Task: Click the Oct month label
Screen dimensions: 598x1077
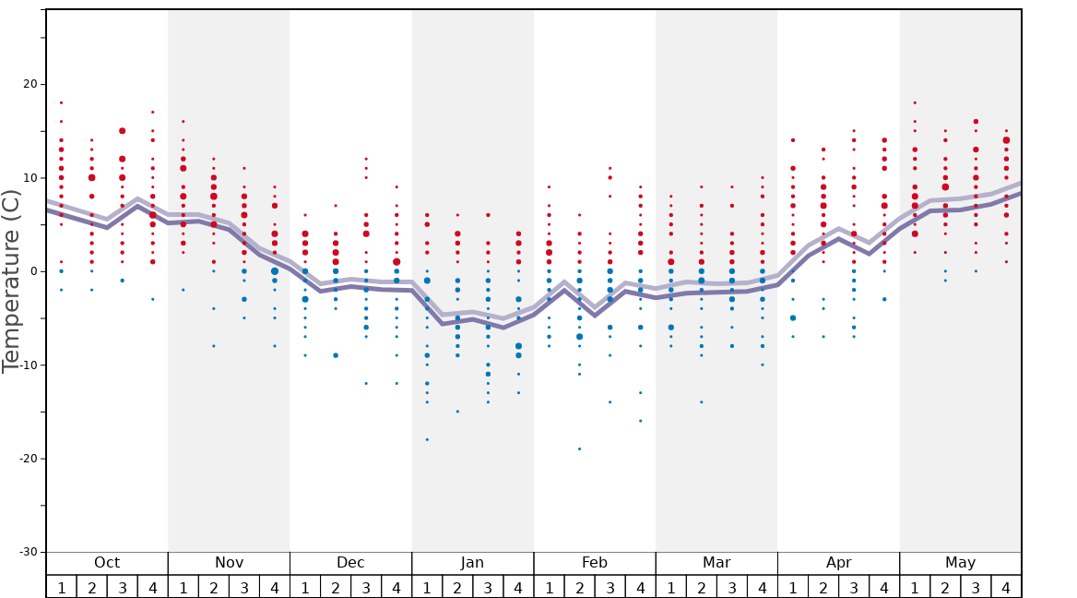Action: coord(107,563)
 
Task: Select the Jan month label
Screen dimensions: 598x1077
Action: coord(472,563)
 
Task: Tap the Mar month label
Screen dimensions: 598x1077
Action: coord(716,563)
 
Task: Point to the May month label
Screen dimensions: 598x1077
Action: coord(960,563)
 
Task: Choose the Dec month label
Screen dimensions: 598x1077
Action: coord(350,563)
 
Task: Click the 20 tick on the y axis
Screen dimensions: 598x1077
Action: coord(30,84)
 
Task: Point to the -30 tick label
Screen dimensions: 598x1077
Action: coord(28,552)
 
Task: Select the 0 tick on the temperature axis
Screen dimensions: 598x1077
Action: coord(34,271)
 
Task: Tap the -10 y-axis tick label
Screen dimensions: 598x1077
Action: coord(28,365)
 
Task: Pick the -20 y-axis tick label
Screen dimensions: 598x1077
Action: coord(28,459)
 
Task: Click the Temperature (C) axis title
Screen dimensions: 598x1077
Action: coord(11,281)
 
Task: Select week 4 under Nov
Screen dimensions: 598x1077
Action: coord(274,587)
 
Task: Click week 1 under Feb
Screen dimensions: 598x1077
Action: coord(549,587)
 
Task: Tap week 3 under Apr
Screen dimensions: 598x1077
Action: coord(854,587)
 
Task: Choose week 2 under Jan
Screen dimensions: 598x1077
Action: coord(457,587)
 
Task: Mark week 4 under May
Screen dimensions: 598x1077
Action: coord(1006,587)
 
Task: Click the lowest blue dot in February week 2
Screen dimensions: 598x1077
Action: coord(579,448)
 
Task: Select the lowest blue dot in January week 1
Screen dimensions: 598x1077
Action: coord(427,439)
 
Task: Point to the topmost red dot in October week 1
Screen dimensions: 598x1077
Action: coord(61,102)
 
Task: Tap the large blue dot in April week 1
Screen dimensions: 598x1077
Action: coord(793,317)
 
